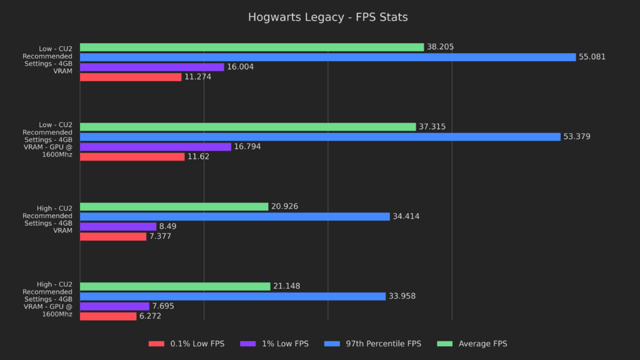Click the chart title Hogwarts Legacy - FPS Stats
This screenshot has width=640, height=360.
coord(327,17)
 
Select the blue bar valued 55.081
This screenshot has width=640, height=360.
coord(327,57)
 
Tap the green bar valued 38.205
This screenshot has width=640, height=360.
coord(252,47)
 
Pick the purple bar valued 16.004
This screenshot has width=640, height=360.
coord(152,67)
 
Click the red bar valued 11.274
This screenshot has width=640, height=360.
coord(131,77)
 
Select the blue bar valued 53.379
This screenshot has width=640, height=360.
coord(320,137)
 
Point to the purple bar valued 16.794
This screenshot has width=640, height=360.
coord(156,147)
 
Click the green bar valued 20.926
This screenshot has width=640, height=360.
coord(174,206)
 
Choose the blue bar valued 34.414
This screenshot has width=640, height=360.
coord(234,216)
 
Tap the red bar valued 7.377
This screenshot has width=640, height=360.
coord(113,236)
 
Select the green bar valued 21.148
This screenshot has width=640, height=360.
coord(175,286)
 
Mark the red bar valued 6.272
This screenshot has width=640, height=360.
coord(108,316)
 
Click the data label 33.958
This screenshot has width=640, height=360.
coord(402,296)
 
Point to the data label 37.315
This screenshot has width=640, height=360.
coord(432,127)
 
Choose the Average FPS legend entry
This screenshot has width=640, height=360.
coord(482,344)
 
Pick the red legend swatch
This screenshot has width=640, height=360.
coord(156,344)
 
